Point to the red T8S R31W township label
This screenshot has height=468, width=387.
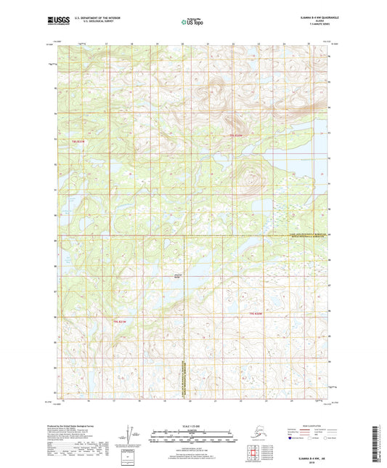tap(78, 141)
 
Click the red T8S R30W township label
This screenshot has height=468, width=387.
tap(235, 135)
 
